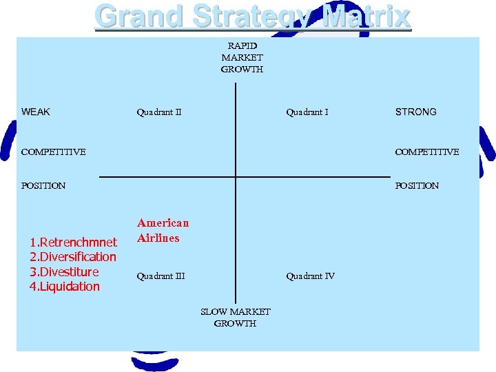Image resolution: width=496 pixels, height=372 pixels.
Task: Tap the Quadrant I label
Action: pos(307,112)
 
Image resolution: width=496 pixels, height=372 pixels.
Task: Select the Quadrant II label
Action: pos(158,112)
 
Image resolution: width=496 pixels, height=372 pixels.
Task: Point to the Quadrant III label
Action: pos(161,276)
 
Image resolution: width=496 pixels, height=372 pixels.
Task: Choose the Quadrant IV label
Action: pos(311,276)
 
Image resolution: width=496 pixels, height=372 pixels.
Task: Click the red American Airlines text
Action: pos(163,230)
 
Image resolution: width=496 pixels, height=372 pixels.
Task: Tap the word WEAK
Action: pos(36,112)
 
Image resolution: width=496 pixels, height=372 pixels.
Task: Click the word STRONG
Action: pos(415,112)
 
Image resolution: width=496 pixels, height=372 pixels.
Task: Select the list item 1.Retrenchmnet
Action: pos(73,242)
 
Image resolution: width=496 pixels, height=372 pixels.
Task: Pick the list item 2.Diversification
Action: pos(73,257)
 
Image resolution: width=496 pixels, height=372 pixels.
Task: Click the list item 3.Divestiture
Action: pos(64,271)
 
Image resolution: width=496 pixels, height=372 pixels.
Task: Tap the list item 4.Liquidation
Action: pos(64,287)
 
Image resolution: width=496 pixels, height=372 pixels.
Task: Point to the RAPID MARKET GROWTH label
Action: pos(242,57)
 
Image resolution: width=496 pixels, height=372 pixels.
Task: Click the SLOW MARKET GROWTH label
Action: pos(236,318)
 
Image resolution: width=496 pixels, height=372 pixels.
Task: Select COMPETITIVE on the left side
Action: pos(54,152)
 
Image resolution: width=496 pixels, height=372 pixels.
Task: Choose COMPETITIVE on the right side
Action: pos(426,152)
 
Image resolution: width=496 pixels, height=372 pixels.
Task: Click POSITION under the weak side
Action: pos(43,185)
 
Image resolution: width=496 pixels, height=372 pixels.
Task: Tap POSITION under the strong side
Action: pos(417,185)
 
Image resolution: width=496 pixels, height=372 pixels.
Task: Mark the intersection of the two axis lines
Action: pos(236,177)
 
